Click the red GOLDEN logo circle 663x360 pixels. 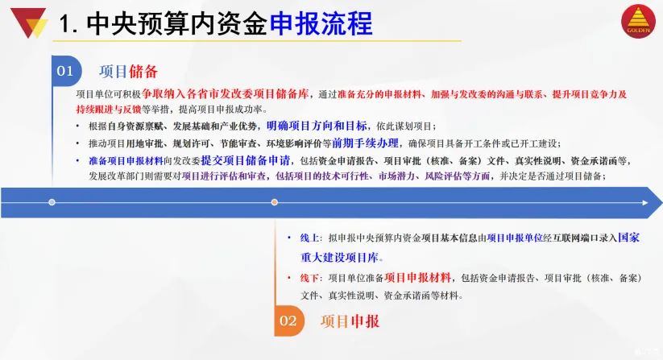point(638,21)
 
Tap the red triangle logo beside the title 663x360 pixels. point(29,22)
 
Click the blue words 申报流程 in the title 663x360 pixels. point(321,23)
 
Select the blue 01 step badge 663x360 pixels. point(66,71)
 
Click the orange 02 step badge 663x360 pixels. point(288,321)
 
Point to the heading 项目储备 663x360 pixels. point(129,72)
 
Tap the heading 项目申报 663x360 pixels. point(350,321)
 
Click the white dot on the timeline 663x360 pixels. point(52,202)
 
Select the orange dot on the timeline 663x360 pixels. point(275,202)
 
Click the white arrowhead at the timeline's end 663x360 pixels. point(645,203)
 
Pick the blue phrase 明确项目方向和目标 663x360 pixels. point(317,126)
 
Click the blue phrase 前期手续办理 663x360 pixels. point(365,143)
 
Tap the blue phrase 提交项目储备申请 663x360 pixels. point(246,160)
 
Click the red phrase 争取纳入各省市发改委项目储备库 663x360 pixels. point(226,93)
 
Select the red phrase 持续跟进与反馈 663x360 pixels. point(109,110)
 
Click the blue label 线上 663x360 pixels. point(309,238)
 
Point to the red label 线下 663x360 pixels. point(309,278)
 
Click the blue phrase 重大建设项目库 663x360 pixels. point(339,258)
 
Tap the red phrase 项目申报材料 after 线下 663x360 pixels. point(418,278)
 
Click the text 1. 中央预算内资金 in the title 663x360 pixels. point(164,23)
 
